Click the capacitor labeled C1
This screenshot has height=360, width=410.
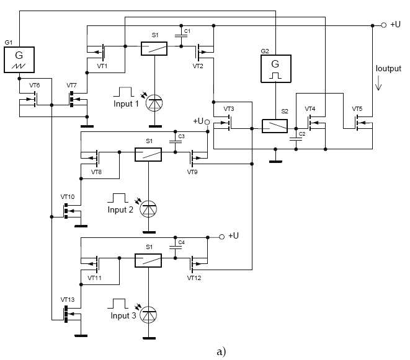coord(181,37)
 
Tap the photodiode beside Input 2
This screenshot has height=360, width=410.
coord(148,209)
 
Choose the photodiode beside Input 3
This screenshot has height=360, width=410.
coord(148,315)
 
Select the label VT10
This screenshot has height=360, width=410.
coord(68,196)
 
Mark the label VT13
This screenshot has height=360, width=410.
coord(68,299)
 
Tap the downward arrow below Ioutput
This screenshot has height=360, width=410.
coord(378,87)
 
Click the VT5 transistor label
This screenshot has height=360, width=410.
coord(357,108)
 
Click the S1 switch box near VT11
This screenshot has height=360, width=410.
coord(148,260)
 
